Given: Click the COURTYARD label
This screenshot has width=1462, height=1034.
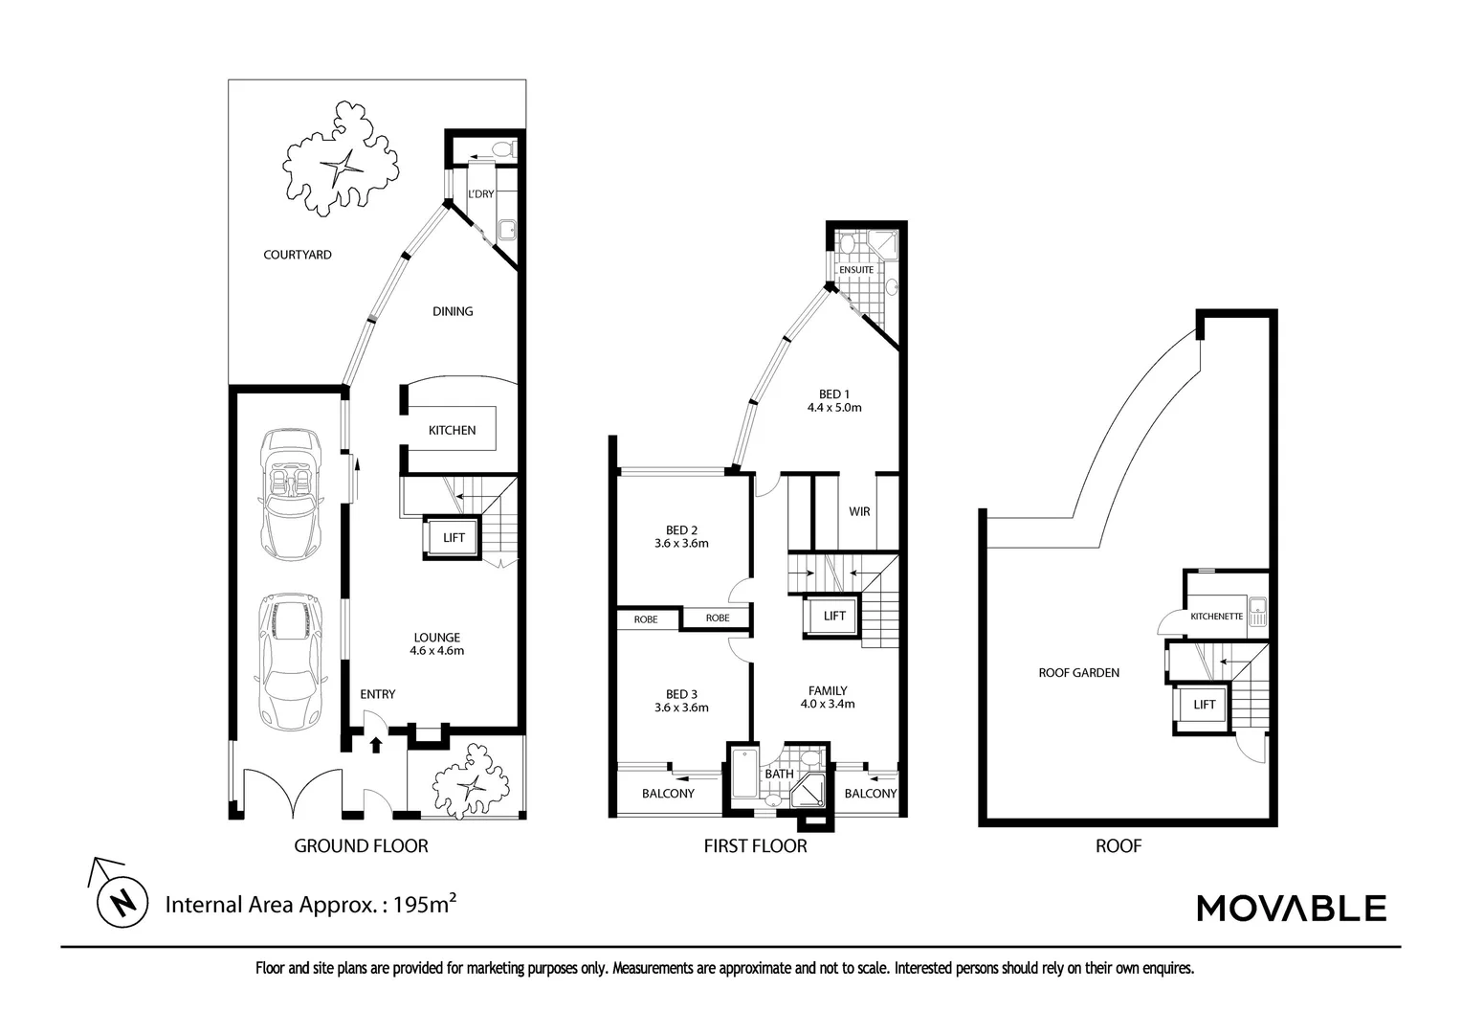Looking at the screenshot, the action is tap(297, 255).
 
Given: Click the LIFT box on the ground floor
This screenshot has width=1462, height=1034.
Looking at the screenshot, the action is tap(453, 537).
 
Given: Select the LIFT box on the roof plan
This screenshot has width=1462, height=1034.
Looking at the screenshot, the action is tap(1204, 705).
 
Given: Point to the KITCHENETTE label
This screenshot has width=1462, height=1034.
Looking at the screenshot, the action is tap(1216, 616).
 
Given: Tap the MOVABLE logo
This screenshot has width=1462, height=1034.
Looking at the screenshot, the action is tap(1291, 908).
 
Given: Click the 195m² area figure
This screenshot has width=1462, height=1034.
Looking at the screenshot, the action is tap(424, 904).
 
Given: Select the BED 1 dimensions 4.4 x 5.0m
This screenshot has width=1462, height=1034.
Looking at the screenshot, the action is tap(834, 408).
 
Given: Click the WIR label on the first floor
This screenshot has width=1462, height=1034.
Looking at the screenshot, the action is tap(859, 511).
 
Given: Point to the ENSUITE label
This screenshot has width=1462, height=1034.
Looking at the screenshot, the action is tap(855, 270).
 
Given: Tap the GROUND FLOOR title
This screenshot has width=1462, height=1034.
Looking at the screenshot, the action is tap(361, 846).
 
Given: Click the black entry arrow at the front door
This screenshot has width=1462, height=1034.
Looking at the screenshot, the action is tap(375, 745).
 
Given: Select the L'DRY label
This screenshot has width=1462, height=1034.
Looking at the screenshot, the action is tap(481, 194).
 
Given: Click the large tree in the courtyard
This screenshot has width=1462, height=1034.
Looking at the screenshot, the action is tap(340, 159).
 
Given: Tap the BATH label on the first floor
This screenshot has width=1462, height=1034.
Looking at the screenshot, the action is tap(779, 774).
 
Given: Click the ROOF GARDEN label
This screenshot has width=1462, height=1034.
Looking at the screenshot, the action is tap(1079, 673).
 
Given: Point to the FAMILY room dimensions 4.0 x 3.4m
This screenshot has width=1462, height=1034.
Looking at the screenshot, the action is tap(828, 704).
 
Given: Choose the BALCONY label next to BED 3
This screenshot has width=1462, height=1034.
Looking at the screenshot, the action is tap(668, 794).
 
